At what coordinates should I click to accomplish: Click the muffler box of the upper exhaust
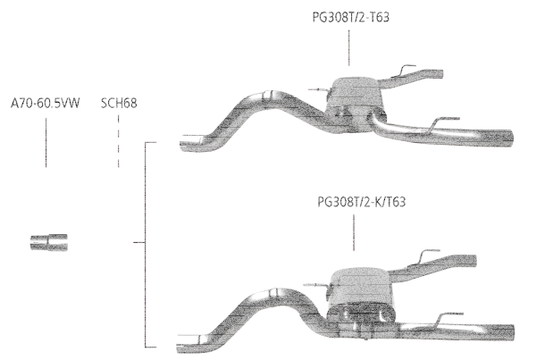[x=355, y=93]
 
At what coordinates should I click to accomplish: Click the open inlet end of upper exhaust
[x=188, y=140]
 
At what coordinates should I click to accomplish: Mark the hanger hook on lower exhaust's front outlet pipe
[x=446, y=315]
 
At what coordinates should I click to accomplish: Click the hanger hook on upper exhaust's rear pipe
[x=406, y=70]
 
